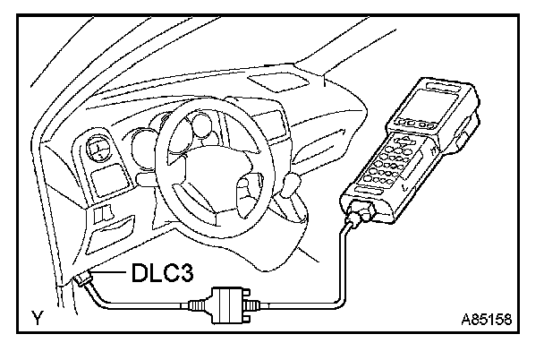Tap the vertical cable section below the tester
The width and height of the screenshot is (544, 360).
(341, 260)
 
